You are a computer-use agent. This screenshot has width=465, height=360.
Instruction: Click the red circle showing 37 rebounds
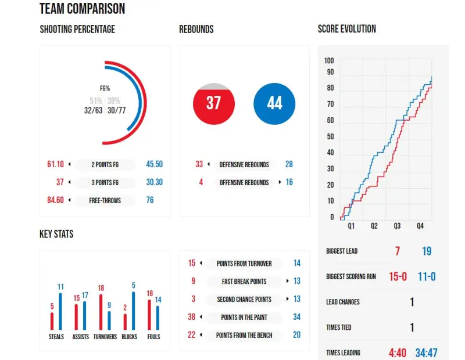(213, 104)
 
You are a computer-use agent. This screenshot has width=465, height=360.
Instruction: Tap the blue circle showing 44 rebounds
(274, 104)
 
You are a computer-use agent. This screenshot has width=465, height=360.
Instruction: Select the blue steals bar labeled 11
(60, 310)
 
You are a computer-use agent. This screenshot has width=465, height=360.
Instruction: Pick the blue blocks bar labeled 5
(133, 310)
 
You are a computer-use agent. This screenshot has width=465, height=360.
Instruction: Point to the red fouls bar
(149, 314)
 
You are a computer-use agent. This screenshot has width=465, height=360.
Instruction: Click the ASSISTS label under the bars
(81, 337)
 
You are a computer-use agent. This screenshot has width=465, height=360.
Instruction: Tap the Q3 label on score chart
(397, 226)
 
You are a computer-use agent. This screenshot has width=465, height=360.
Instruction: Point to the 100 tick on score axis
(329, 60)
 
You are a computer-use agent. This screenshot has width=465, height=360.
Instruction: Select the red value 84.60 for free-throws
(55, 200)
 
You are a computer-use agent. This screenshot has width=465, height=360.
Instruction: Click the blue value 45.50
(154, 164)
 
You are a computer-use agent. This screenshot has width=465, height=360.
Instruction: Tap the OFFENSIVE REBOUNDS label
(244, 182)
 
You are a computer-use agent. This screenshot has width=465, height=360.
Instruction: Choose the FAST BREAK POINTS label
(244, 282)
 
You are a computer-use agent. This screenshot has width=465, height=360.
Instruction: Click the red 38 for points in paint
(192, 317)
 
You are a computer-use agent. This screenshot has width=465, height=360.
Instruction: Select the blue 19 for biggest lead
(427, 251)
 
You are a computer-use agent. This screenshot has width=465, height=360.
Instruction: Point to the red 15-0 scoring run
(398, 276)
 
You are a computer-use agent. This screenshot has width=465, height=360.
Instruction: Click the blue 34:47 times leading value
(427, 352)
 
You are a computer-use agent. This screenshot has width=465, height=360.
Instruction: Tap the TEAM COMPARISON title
(82, 9)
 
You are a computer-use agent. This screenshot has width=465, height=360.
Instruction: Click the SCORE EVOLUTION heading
(347, 29)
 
